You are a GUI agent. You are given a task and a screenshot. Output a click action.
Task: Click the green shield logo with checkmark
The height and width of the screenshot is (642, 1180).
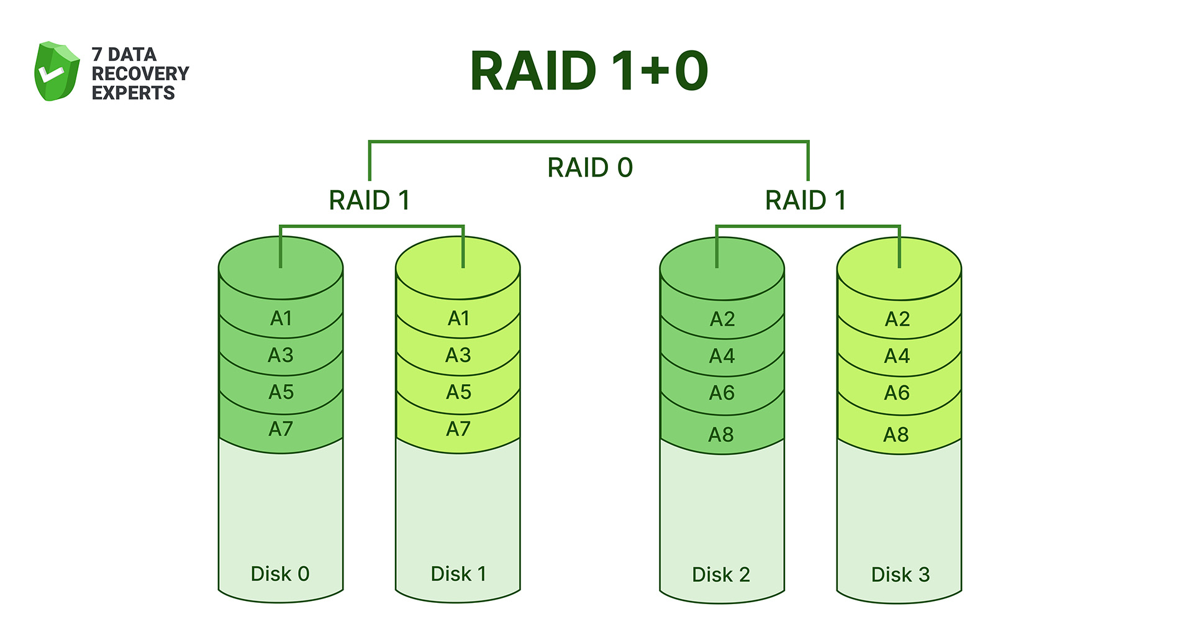click(57, 71)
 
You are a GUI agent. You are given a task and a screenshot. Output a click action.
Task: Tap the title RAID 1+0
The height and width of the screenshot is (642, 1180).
click(589, 71)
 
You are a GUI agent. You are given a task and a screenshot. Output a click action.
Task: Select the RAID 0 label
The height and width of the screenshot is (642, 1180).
click(589, 168)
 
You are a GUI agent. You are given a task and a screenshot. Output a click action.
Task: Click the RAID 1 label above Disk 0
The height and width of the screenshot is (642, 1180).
click(370, 200)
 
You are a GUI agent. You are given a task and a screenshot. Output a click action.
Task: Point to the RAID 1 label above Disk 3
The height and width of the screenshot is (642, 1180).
click(806, 200)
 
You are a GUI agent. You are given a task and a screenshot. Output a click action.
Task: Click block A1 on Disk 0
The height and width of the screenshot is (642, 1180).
click(281, 318)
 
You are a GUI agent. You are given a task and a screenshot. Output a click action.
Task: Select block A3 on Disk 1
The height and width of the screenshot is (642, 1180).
click(458, 355)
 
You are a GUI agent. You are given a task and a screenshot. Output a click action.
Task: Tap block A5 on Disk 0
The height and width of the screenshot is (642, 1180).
click(281, 392)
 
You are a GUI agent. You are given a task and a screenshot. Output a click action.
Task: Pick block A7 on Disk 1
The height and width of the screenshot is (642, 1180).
click(458, 429)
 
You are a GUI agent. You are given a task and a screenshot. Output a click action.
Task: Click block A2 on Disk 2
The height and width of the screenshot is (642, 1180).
click(722, 319)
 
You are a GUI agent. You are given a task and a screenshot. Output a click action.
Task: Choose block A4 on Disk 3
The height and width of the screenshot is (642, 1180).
click(897, 356)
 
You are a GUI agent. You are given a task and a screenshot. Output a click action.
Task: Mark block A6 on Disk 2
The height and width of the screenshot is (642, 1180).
click(722, 393)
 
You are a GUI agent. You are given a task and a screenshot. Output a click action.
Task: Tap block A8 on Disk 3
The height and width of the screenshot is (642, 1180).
click(896, 434)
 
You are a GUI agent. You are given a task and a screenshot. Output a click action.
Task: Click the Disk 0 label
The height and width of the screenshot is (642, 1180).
click(280, 574)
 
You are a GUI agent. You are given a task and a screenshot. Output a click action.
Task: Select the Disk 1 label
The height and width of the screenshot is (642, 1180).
click(458, 574)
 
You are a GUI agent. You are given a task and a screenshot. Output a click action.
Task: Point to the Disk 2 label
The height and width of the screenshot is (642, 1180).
click(721, 574)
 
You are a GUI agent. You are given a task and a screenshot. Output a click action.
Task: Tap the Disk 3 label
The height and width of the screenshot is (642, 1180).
click(900, 574)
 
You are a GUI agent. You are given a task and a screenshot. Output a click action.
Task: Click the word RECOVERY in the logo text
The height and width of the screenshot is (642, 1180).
click(140, 73)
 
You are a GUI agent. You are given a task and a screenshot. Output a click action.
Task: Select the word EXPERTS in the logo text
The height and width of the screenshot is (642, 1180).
click(134, 93)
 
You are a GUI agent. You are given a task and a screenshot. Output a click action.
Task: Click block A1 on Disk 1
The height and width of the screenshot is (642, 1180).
click(458, 318)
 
